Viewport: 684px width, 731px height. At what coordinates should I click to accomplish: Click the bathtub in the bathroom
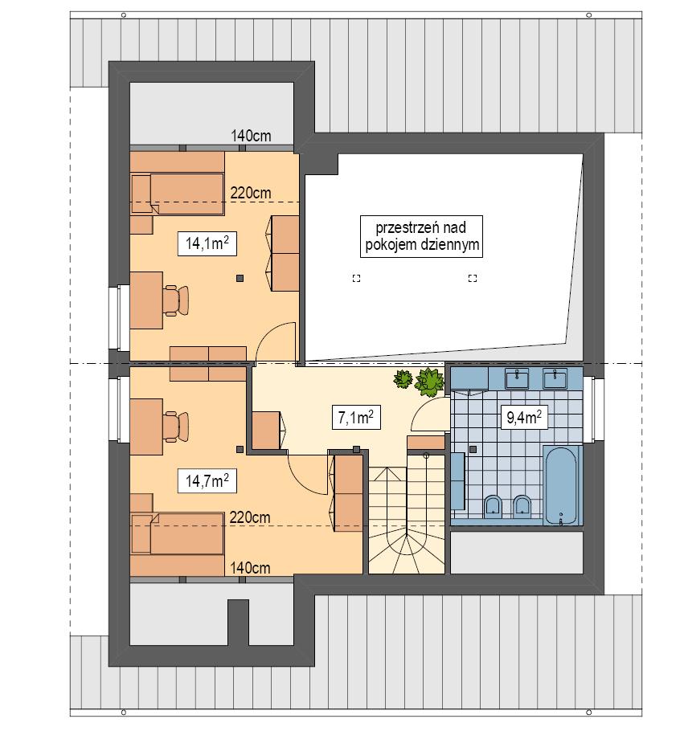[559, 485]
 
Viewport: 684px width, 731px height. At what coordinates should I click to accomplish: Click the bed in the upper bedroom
[178, 194]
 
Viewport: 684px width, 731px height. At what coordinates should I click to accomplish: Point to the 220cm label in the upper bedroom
[250, 193]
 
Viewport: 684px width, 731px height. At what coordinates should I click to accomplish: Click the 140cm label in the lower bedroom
[250, 567]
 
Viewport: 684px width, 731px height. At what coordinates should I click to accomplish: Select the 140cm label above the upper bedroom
[251, 136]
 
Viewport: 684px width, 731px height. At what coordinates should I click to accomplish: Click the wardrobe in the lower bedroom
[349, 492]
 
